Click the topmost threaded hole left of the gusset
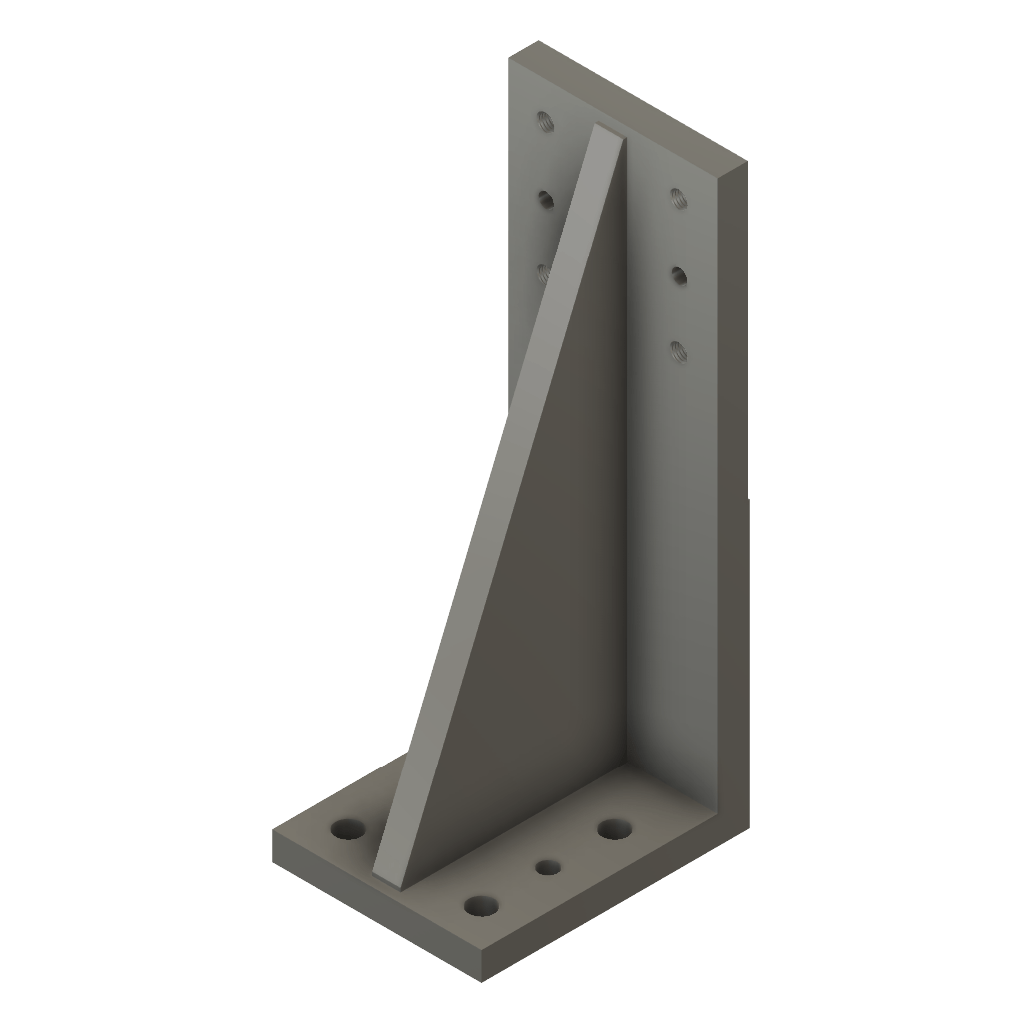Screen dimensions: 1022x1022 (x=544, y=123)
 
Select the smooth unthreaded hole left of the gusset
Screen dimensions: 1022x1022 (x=545, y=200)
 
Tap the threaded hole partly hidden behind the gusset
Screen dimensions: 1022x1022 (x=544, y=272)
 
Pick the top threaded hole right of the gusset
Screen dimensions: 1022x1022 (x=678, y=197)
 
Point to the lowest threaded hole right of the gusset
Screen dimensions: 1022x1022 (x=678, y=349)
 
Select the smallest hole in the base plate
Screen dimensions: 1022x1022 (x=547, y=867)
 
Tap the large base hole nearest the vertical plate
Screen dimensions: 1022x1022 (x=614, y=828)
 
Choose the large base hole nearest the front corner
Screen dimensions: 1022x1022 (x=481, y=906)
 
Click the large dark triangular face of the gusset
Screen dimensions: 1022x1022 (x=559, y=599)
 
